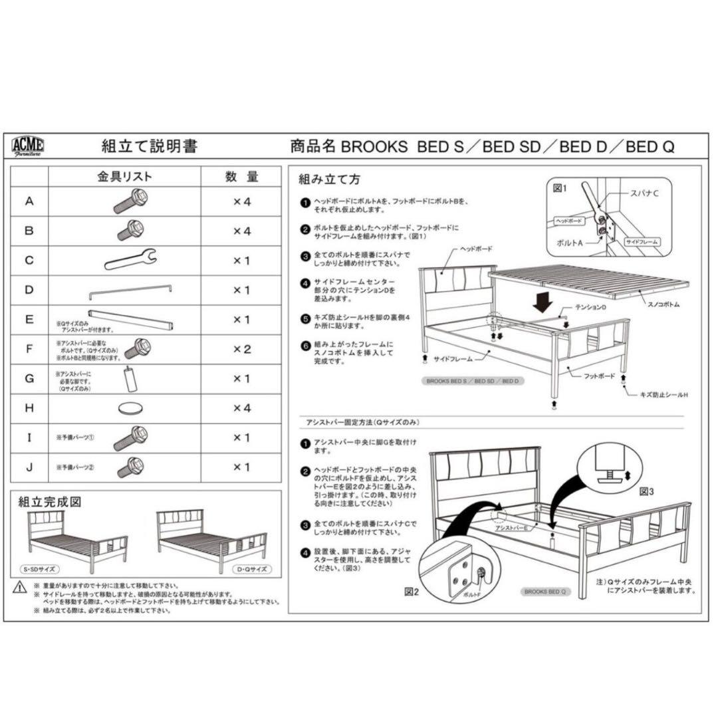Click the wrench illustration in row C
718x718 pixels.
point(130,259)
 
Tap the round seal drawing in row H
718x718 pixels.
point(131,408)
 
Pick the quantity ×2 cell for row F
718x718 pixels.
point(241,349)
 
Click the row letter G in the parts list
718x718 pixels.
point(29,379)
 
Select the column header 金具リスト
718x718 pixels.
point(125,177)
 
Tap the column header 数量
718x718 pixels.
point(241,177)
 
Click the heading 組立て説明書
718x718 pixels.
point(149,147)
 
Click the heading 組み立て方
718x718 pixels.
point(330,179)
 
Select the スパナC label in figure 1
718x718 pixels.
point(644,193)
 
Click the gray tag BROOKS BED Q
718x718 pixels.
point(544,590)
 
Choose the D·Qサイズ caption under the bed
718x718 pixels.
point(252,570)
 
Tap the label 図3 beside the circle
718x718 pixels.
point(647,492)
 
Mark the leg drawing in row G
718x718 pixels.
point(128,380)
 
